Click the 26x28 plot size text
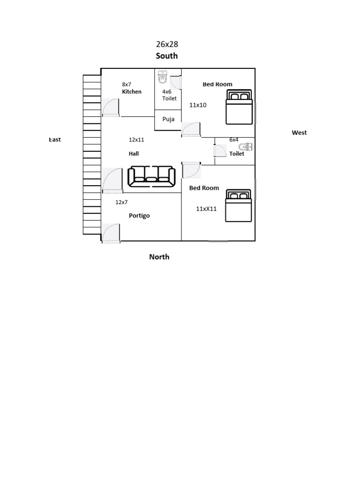pyautogui.click(x=167, y=45)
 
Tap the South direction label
pyautogui.click(x=166, y=56)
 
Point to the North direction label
pyautogui.click(x=159, y=257)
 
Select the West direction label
pyautogui.click(x=299, y=133)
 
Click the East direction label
pyautogui.click(x=55, y=140)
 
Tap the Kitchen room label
pyautogui.click(x=132, y=91)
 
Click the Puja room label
pyautogui.click(x=168, y=119)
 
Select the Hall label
pyautogui.click(x=134, y=154)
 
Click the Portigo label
pyautogui.click(x=139, y=216)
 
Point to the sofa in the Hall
pyautogui.click(x=151, y=176)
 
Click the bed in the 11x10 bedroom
pyautogui.click(x=239, y=107)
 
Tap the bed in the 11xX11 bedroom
pyautogui.click(x=239, y=205)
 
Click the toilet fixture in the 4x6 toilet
pyautogui.click(x=162, y=77)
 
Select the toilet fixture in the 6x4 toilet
pyautogui.click(x=246, y=147)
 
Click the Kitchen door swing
pyautogui.click(x=111, y=107)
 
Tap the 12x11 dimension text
pyautogui.click(x=136, y=140)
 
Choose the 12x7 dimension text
pyautogui.click(x=121, y=202)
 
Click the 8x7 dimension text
pyautogui.click(x=127, y=84)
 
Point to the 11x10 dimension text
pyautogui.click(x=198, y=105)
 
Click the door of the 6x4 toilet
pyautogui.click(x=220, y=151)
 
